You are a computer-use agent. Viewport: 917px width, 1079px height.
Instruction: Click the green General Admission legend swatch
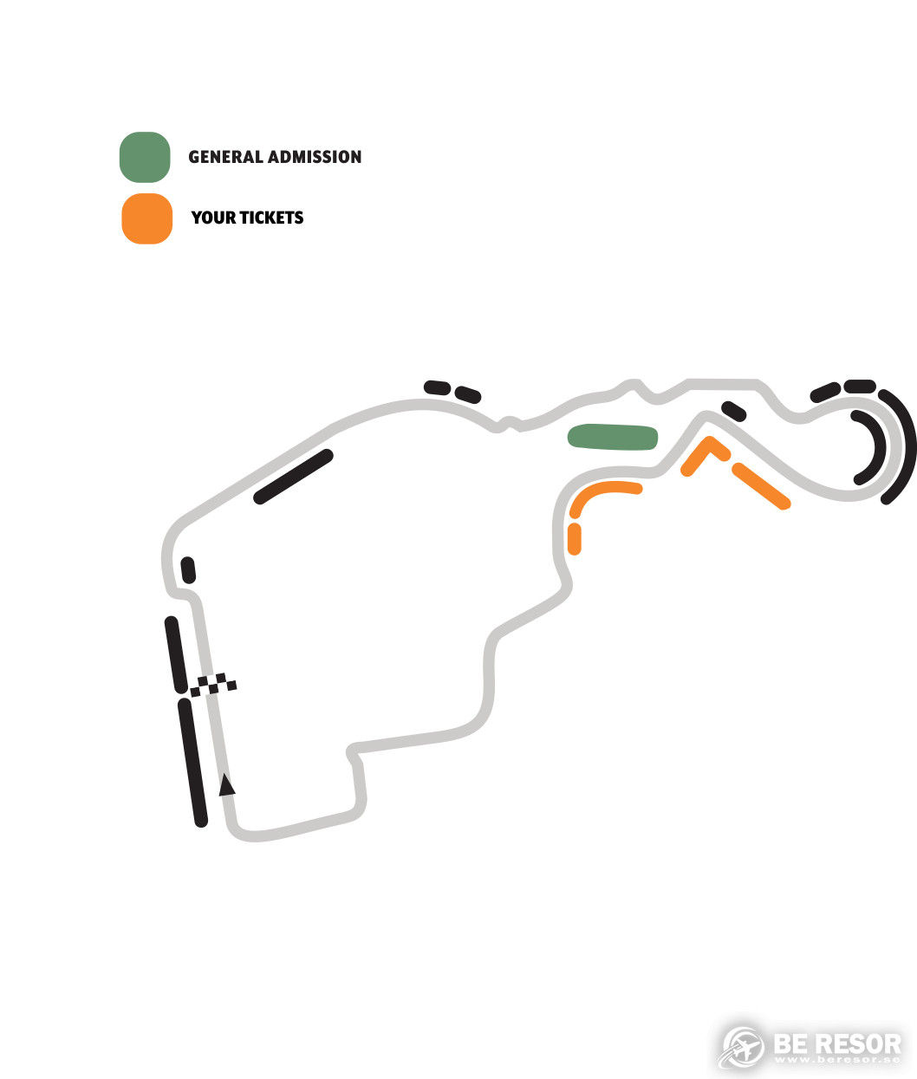145,157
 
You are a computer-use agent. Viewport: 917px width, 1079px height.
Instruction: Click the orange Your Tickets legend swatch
146,218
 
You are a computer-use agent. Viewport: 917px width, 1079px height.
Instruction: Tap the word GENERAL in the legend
225,157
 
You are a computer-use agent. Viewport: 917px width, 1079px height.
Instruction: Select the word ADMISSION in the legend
315,157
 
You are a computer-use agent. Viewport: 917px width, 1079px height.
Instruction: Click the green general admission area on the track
613,437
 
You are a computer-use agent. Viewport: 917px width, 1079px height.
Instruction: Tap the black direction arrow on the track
226,784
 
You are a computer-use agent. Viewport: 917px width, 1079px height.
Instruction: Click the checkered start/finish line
213,685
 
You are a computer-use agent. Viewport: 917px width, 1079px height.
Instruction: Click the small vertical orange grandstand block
574,539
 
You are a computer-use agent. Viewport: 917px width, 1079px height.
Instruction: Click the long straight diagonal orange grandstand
761,485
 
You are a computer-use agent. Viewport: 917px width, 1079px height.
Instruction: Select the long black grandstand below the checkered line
192,763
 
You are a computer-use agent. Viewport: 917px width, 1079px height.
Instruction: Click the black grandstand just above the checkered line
176,654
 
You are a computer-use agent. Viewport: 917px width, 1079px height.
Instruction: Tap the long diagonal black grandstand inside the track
293,477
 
